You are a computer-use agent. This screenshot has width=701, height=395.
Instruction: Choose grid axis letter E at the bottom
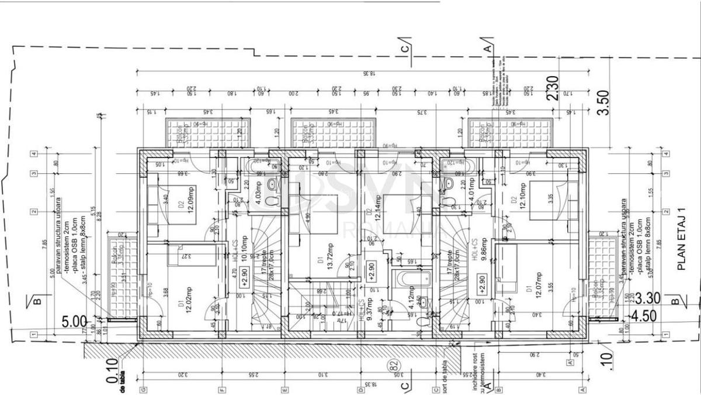point(284,389)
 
